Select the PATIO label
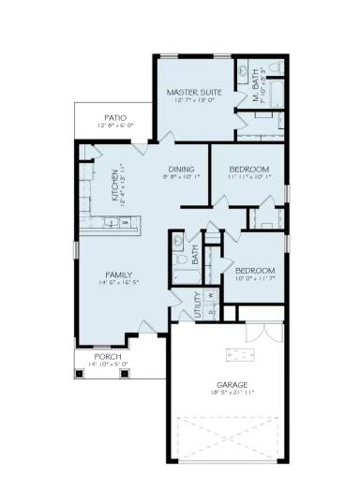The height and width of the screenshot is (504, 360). (116, 118)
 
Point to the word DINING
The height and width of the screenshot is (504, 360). (181, 169)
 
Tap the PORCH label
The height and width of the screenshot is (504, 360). (100, 356)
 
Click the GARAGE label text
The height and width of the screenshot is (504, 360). (232, 385)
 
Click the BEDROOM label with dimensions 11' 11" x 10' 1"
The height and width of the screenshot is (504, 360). (251, 169)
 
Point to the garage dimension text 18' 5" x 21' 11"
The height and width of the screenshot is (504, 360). (232, 393)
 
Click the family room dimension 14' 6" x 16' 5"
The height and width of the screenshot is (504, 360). (116, 283)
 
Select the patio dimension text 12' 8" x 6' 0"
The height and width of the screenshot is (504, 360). (116, 126)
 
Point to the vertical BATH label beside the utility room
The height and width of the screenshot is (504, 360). (195, 252)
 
